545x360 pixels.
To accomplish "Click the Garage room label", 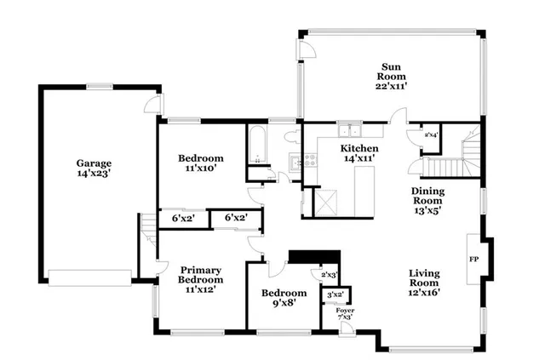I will click(94, 168).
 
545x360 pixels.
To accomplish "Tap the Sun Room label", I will click(391, 75).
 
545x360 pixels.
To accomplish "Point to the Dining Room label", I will click(427, 201).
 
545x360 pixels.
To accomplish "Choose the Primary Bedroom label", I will click(200, 280).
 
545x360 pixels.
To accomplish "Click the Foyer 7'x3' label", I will click(345, 314).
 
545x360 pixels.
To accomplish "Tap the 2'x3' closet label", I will click(329, 275).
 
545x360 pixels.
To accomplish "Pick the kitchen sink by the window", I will click(348, 131).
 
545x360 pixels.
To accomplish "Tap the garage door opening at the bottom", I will click(89, 276).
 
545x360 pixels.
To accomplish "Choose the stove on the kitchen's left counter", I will click(295, 162).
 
